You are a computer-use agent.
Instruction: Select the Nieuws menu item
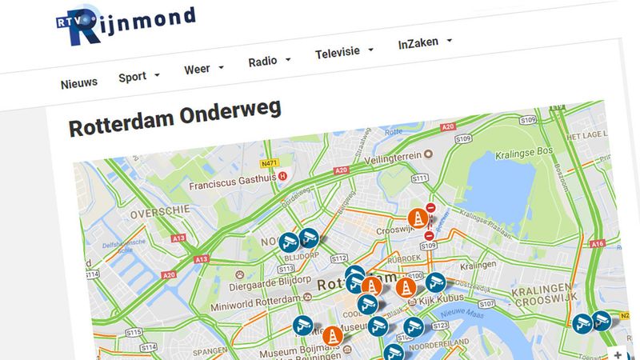coord(78,82)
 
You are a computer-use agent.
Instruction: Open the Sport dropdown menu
coord(138,76)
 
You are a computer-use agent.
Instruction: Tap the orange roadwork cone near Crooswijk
coord(416,218)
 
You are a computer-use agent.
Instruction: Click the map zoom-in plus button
coord(618,352)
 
